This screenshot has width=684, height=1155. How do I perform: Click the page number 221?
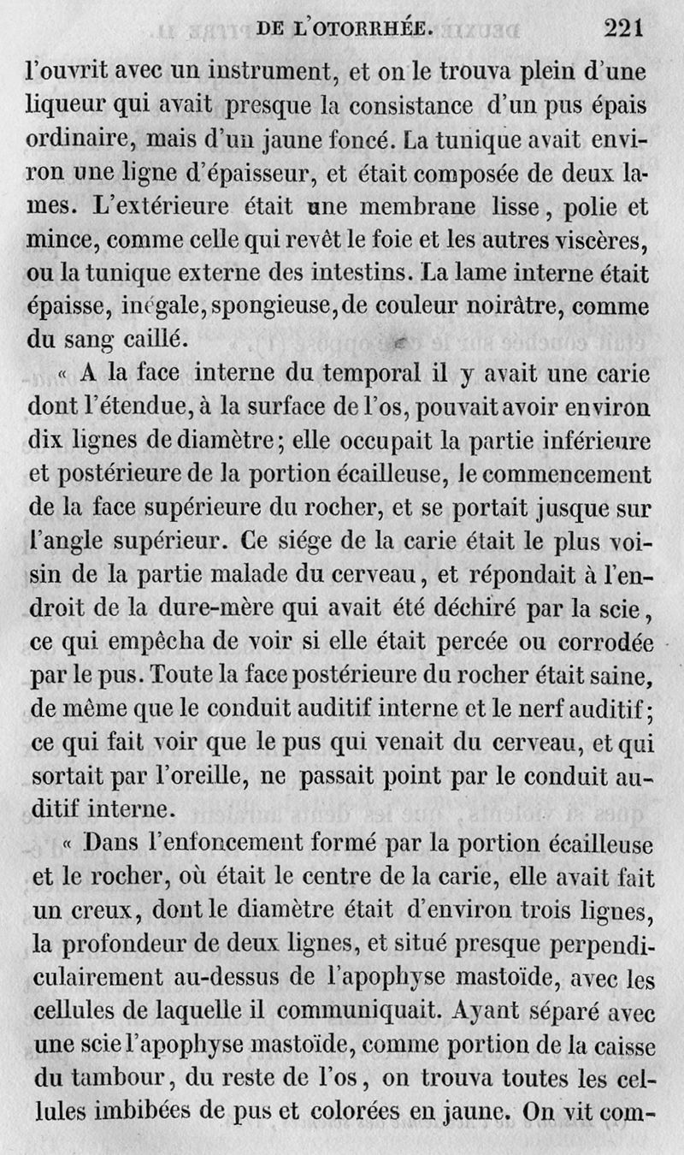(x=622, y=28)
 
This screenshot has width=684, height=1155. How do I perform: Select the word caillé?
(x=168, y=341)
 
